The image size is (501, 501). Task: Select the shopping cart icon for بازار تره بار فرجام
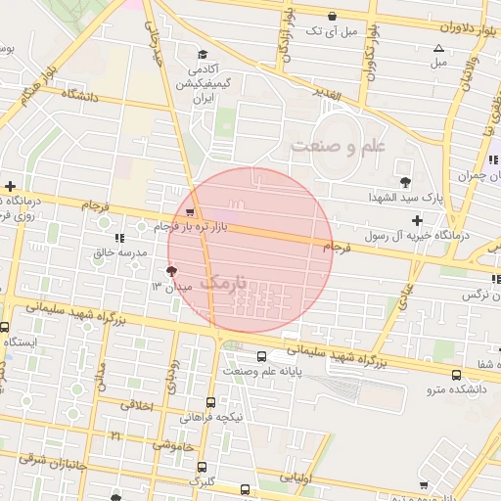[189, 211]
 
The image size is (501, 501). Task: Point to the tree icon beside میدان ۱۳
[172, 271]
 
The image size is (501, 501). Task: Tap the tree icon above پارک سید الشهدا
[405, 181]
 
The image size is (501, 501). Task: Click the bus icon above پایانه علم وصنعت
[261, 356]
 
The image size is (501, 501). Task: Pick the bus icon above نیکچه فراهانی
[210, 401]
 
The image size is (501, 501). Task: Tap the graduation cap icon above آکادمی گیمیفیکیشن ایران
[202, 55]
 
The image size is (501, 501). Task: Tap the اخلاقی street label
[138, 403]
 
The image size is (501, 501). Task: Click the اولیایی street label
[297, 478]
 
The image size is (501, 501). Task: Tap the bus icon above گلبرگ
[202, 467]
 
